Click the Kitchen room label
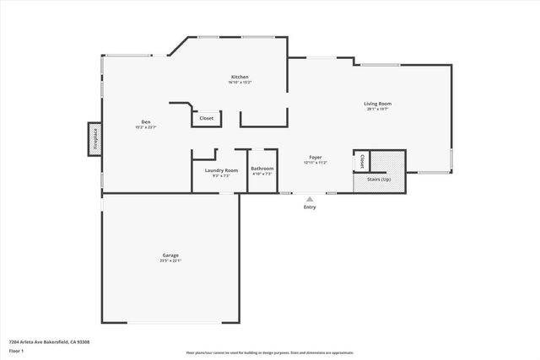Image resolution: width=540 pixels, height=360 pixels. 240,77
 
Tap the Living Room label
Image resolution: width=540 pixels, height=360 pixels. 378,104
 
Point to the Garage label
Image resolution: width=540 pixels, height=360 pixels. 170,255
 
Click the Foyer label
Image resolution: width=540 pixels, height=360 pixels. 315,157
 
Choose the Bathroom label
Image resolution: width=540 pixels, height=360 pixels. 262,169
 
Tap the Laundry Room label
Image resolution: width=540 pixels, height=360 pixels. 221,169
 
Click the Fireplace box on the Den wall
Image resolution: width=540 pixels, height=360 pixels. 94,139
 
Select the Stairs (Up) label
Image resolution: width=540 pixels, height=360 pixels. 380,180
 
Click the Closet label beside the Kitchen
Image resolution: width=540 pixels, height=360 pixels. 207,119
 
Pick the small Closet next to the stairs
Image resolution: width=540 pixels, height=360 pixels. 361,159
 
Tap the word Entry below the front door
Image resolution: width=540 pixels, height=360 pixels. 310,207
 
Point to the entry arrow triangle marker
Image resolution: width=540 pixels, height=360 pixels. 310,200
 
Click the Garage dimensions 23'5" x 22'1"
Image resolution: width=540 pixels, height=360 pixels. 170,261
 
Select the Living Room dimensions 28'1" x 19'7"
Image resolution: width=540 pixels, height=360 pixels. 378,110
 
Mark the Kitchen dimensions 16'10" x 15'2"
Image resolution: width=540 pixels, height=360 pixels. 240,83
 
